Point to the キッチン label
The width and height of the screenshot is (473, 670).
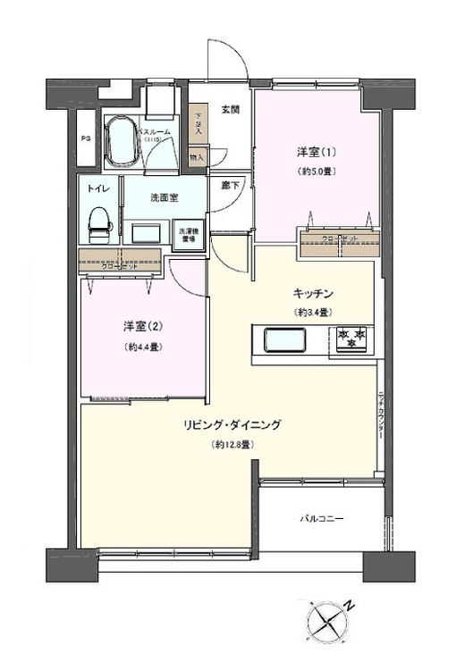pos(312,293)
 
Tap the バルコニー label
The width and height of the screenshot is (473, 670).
pos(321,518)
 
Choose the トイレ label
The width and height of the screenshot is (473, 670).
pos(98,189)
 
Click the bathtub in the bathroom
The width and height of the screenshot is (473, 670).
pos(121,141)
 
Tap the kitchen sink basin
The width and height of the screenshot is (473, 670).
pos(282,341)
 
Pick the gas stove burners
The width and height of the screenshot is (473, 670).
pos(351,339)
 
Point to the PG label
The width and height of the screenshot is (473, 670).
pos(86,139)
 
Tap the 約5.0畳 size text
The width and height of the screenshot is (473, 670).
pos(310,171)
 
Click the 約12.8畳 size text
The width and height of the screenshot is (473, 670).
pos(234,444)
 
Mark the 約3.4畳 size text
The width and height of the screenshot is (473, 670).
pos(312,312)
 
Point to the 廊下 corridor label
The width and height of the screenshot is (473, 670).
pos(229,187)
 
